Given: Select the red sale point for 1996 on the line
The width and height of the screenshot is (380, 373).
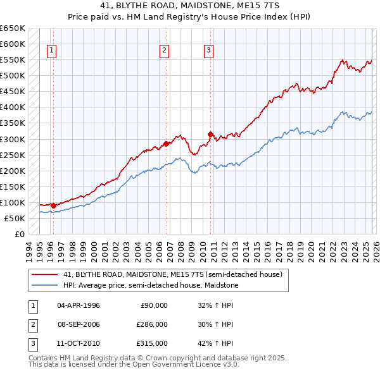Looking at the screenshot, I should (x=53, y=205).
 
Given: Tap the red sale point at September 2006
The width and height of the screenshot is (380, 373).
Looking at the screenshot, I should (x=167, y=144).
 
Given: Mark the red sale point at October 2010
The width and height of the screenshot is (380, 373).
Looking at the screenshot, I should (x=210, y=134).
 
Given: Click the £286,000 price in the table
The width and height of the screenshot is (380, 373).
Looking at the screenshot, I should (x=153, y=324).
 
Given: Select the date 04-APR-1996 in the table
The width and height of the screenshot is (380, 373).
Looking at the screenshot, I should (x=79, y=305).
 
